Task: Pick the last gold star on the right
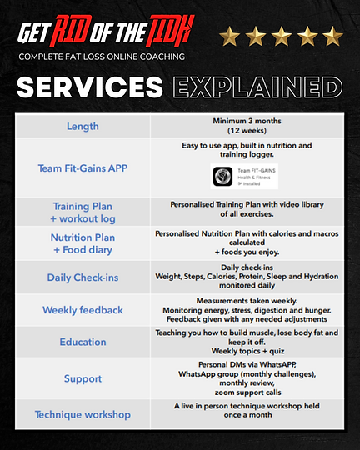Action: pos(332,37)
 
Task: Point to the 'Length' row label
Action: pos(82,126)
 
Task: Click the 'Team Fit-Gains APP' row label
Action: pos(82,167)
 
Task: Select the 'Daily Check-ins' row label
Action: pos(82,277)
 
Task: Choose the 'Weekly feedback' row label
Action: pos(82,310)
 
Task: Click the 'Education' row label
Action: pos(82,342)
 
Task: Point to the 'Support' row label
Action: pos(82,378)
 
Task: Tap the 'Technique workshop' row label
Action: pos(82,414)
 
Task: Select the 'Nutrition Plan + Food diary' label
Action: pos(82,243)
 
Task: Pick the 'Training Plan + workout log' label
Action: pos(82,212)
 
